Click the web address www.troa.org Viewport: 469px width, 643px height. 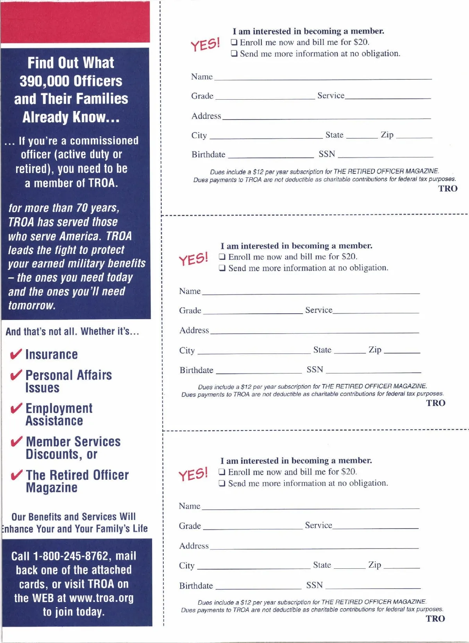tap(101, 598)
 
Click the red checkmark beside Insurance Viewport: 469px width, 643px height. tap(16, 354)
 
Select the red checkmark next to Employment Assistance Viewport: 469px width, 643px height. tap(16, 408)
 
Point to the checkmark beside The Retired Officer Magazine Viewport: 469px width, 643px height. tap(16, 475)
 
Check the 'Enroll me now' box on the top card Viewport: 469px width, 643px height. tap(234, 42)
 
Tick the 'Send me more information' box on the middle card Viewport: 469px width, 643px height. tap(222, 268)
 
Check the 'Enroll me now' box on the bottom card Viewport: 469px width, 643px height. tap(222, 472)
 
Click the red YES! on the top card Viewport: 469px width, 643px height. tap(205, 45)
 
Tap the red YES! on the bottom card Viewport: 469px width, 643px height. tap(193, 474)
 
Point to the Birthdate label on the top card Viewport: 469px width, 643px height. tap(208, 154)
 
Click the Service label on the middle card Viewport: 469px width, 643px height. tap(319, 310)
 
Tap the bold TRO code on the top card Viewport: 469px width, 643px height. tap(448, 189)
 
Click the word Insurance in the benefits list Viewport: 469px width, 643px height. tap(52, 354)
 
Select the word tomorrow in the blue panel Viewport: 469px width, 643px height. tap(32, 305)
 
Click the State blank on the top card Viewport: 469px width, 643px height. tap(362, 136)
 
